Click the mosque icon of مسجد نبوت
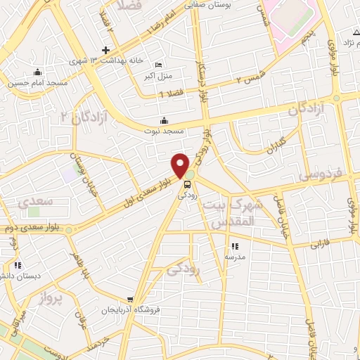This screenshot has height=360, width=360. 165,120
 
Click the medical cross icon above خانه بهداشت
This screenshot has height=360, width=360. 105,50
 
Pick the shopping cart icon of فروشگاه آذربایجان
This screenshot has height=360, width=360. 130,299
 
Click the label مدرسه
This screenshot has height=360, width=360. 235,257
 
